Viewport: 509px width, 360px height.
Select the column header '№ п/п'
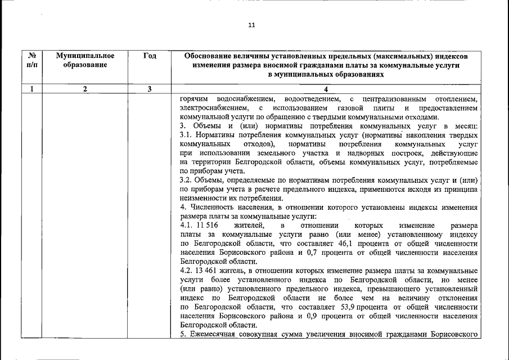coord(33,60)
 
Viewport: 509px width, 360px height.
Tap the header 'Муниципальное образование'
coord(85,60)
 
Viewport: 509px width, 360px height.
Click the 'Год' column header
coord(150,56)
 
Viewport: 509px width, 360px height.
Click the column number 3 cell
coord(150,88)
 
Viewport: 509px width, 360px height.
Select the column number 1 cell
coord(33,88)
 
